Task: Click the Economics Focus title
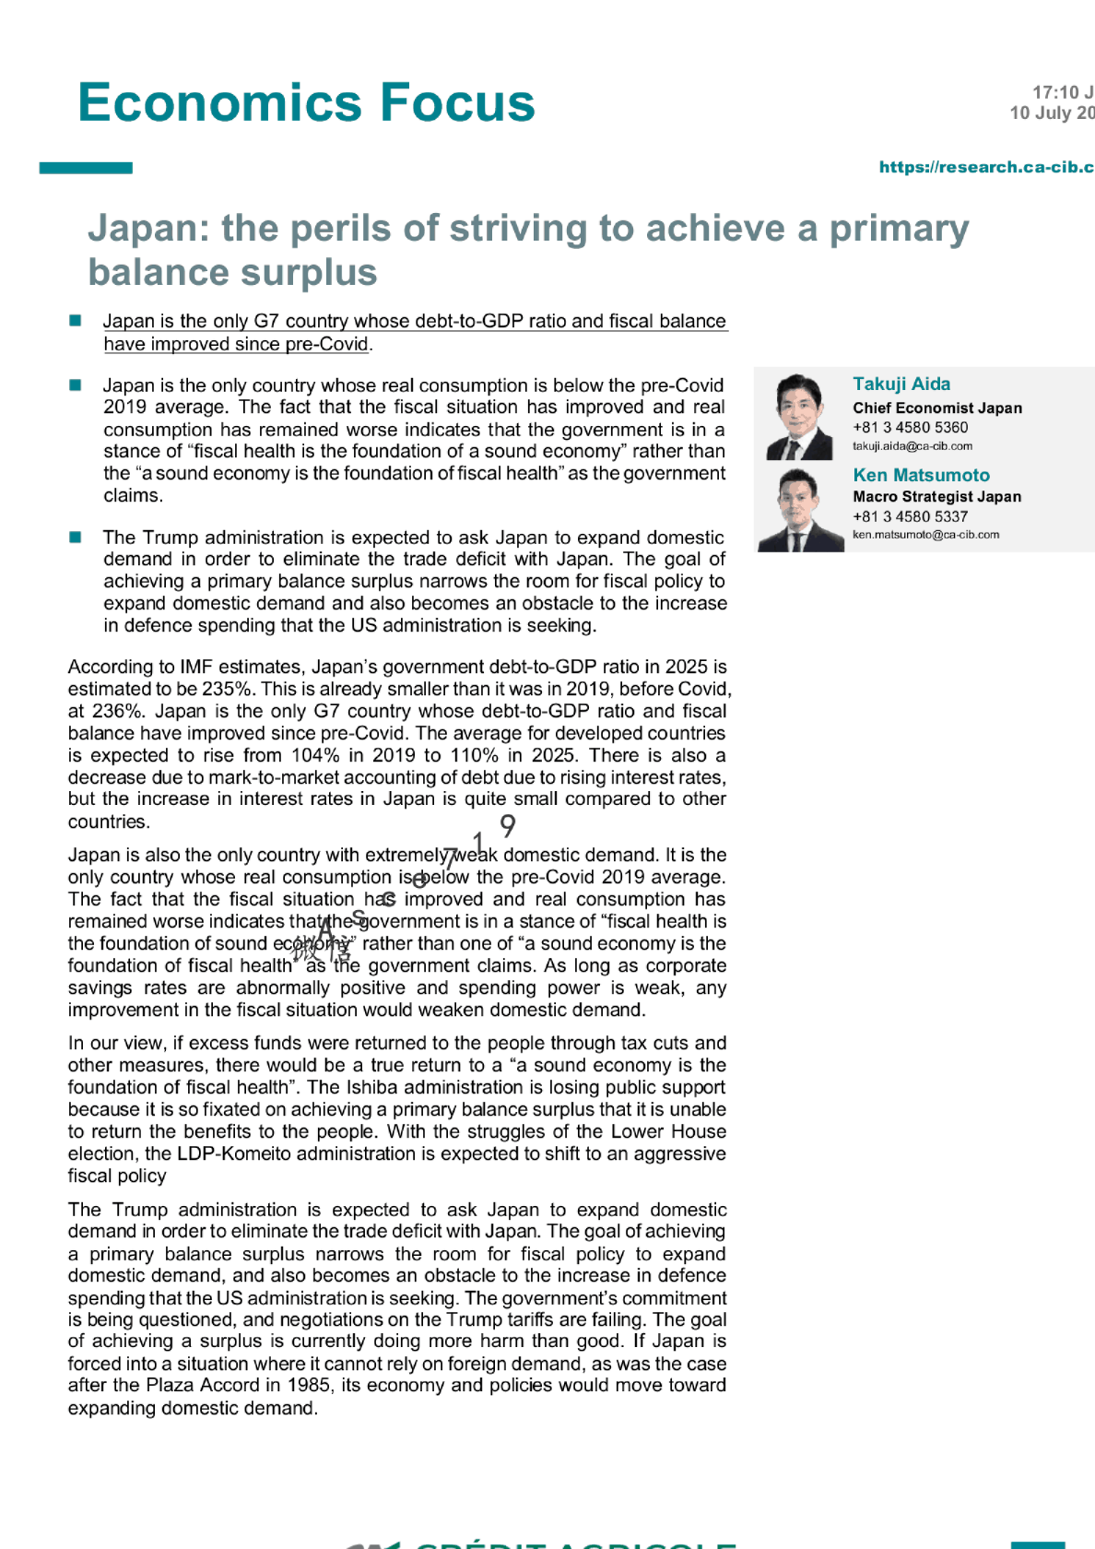(x=306, y=102)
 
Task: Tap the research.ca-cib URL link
(x=985, y=167)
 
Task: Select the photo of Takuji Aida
(x=800, y=417)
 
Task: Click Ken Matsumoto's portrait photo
(x=800, y=510)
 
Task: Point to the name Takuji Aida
(x=901, y=384)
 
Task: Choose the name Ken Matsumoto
(x=921, y=475)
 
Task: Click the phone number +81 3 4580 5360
(x=910, y=427)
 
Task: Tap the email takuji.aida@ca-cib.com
(x=912, y=446)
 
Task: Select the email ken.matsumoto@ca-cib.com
(x=925, y=535)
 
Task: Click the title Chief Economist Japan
(x=936, y=408)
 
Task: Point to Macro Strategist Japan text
(x=936, y=496)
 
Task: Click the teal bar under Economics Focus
(x=86, y=168)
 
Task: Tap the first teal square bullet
(x=76, y=321)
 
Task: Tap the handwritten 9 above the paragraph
(x=507, y=824)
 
